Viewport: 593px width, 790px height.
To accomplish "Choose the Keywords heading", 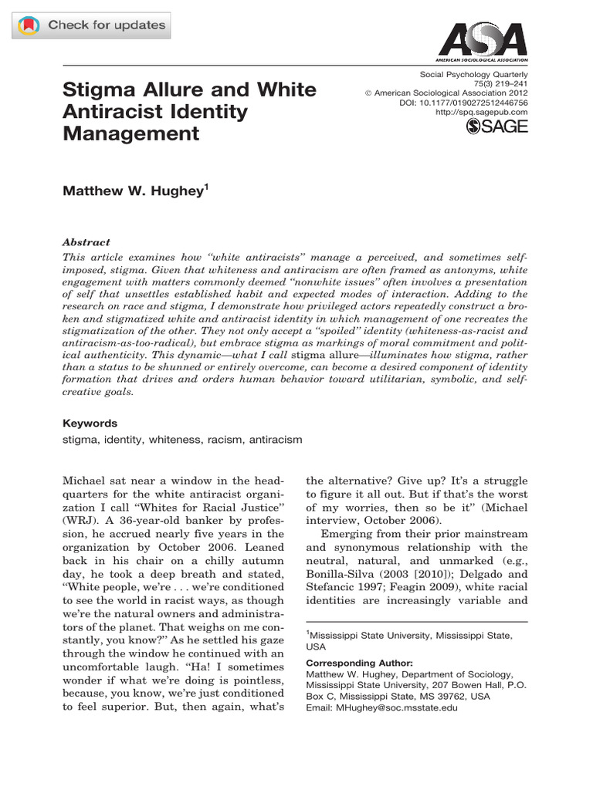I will (89, 423).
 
